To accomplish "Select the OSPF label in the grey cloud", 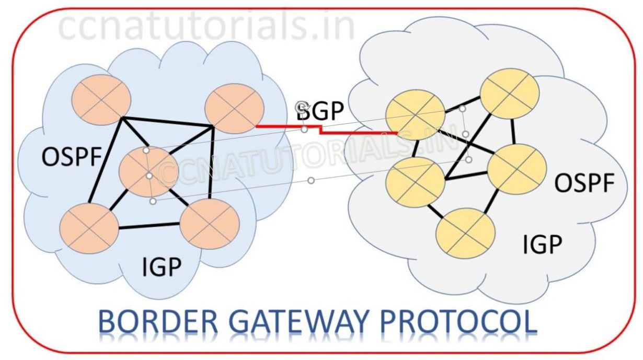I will [584, 183].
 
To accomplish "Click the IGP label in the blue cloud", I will [162, 268].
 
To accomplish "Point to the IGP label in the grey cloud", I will [543, 244].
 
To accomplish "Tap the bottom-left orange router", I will [89, 228].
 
